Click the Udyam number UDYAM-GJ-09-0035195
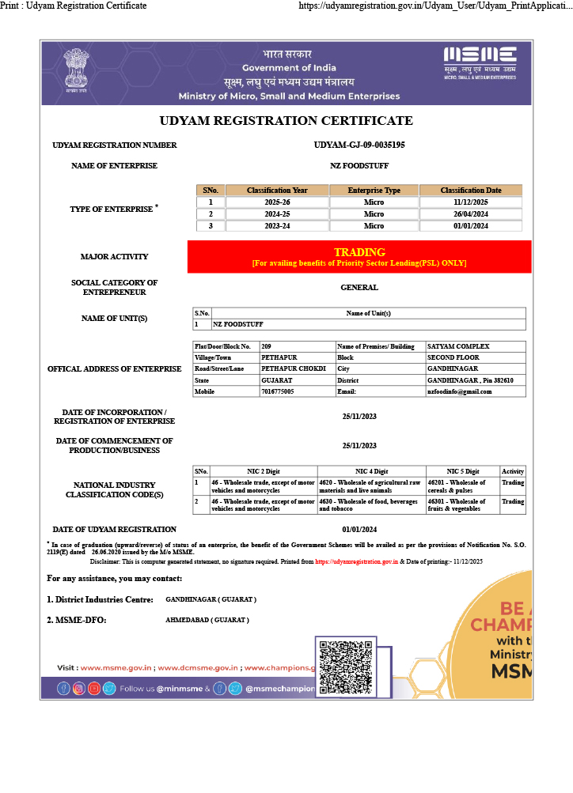pyautogui.click(x=359, y=145)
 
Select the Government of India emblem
pyautogui.click(x=77, y=72)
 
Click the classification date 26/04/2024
pyautogui.click(x=470, y=214)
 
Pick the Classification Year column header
pyautogui.click(x=277, y=191)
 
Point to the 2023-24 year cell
pyautogui.click(x=277, y=226)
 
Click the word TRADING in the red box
pyautogui.click(x=359, y=252)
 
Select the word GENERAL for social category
pyautogui.click(x=359, y=288)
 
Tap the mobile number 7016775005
pyautogui.click(x=278, y=391)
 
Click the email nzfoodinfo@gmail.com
pyautogui.click(x=460, y=391)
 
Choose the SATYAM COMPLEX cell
pyautogui.click(x=458, y=346)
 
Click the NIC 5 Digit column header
pyautogui.click(x=462, y=471)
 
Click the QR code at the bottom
pyautogui.click(x=346, y=667)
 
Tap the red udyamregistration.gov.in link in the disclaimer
pyautogui.click(x=356, y=561)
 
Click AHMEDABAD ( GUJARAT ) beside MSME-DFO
pyautogui.click(x=207, y=620)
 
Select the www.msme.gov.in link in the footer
pyautogui.click(x=116, y=668)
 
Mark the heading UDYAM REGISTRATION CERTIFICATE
pyautogui.click(x=286, y=121)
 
